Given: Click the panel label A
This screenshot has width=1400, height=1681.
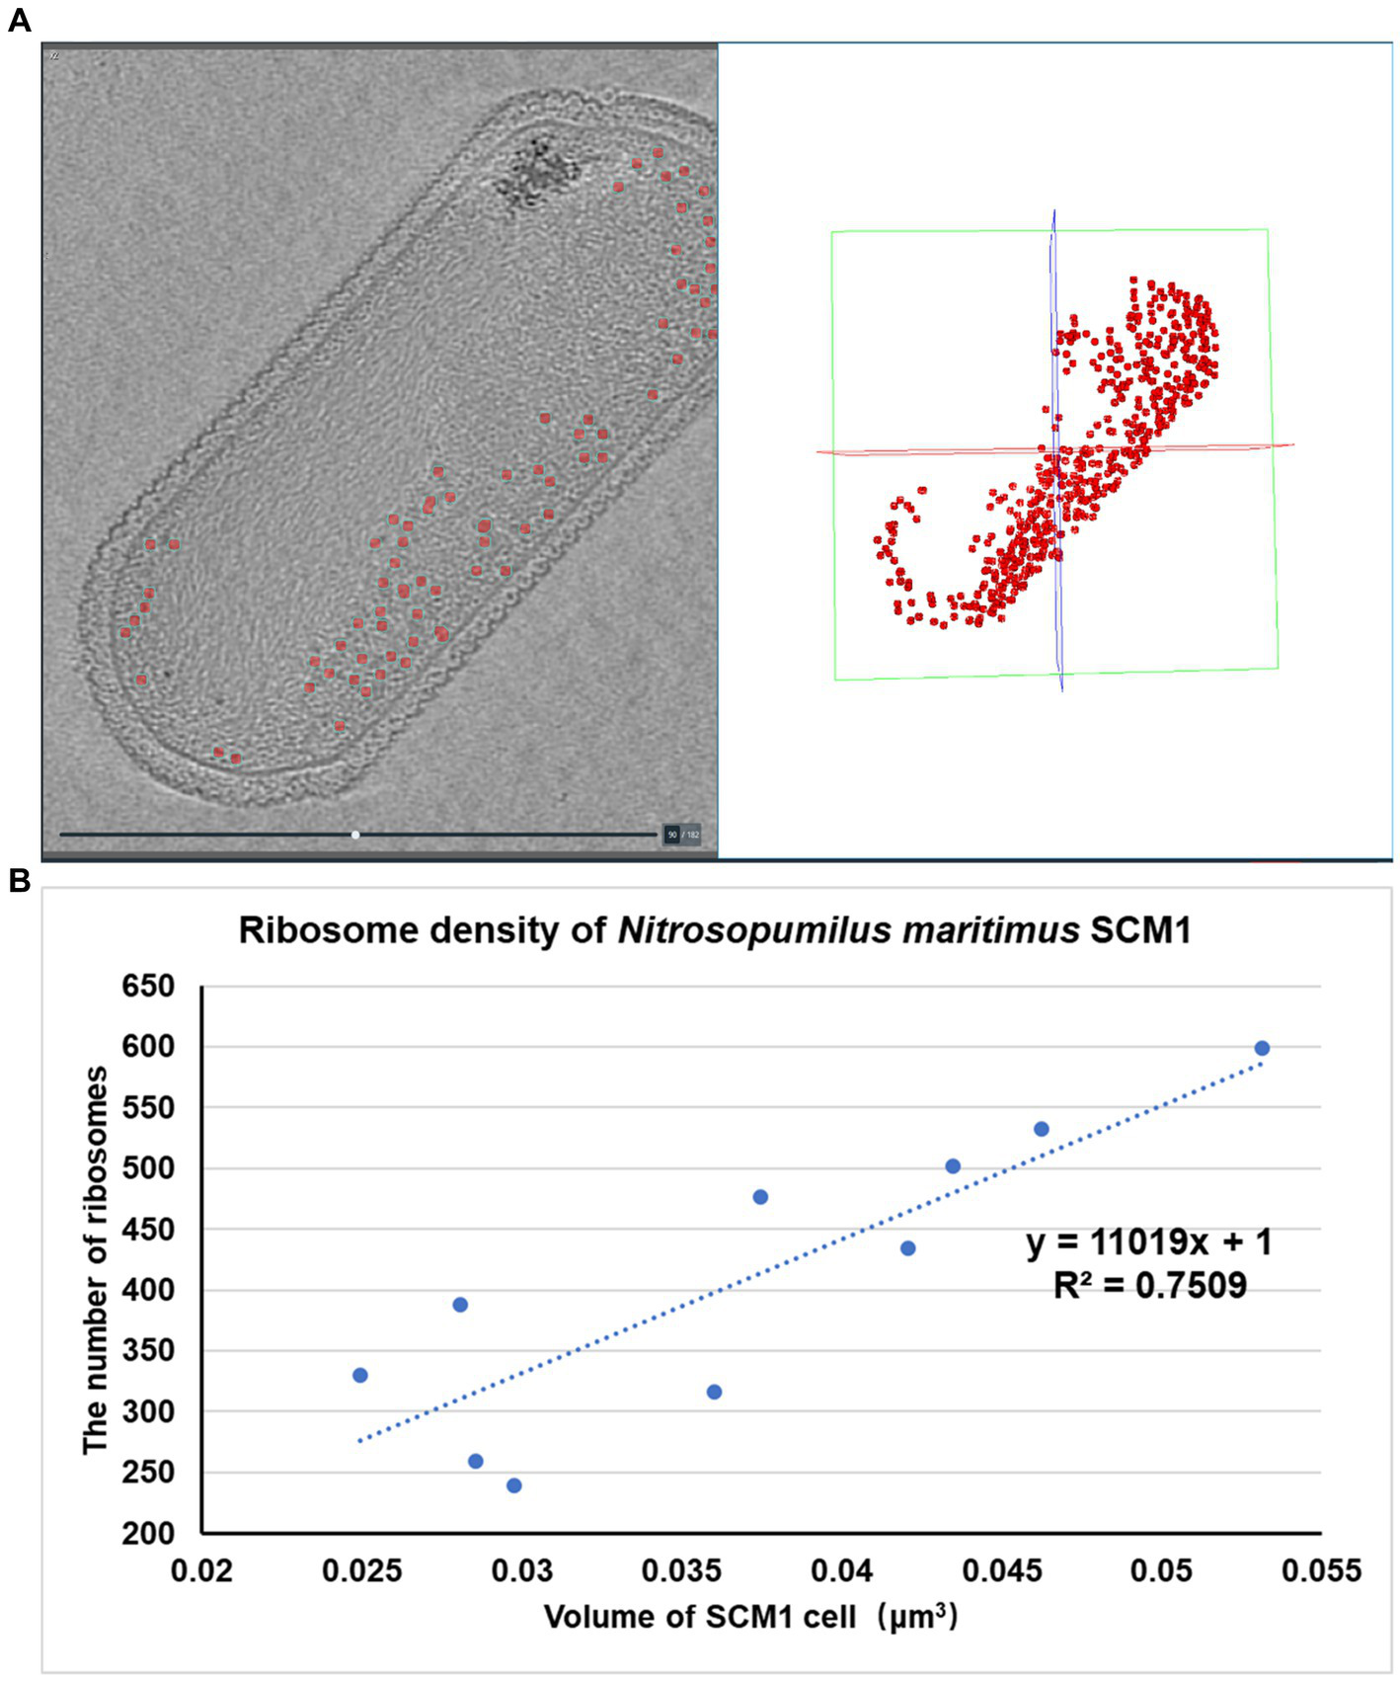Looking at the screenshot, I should click(x=18, y=20).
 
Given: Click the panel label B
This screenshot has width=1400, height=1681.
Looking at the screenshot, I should click(x=18, y=881).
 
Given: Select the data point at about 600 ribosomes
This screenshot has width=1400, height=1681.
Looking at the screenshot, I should click(x=1261, y=1048).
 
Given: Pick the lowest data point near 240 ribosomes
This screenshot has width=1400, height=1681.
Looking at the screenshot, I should click(x=513, y=1485).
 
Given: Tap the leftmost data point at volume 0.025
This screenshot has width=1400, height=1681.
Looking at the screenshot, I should click(x=360, y=1375).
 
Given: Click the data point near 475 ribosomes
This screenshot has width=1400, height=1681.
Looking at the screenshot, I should click(x=760, y=1197).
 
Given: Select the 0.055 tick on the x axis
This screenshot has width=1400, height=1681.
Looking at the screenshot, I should click(x=1320, y=1570).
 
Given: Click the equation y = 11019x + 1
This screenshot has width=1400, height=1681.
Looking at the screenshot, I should click(x=1149, y=1241).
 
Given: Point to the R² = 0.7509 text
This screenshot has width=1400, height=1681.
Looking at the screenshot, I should click(x=1149, y=1285).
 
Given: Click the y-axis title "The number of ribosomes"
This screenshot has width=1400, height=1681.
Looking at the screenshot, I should click(x=96, y=1259).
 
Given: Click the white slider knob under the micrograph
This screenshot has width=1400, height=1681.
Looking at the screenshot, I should click(x=355, y=835).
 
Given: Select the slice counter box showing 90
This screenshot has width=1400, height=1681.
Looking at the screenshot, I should click(x=672, y=835).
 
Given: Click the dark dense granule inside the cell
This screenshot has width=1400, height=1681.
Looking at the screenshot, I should click(x=538, y=170).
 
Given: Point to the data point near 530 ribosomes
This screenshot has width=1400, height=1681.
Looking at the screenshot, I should click(x=1041, y=1129).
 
